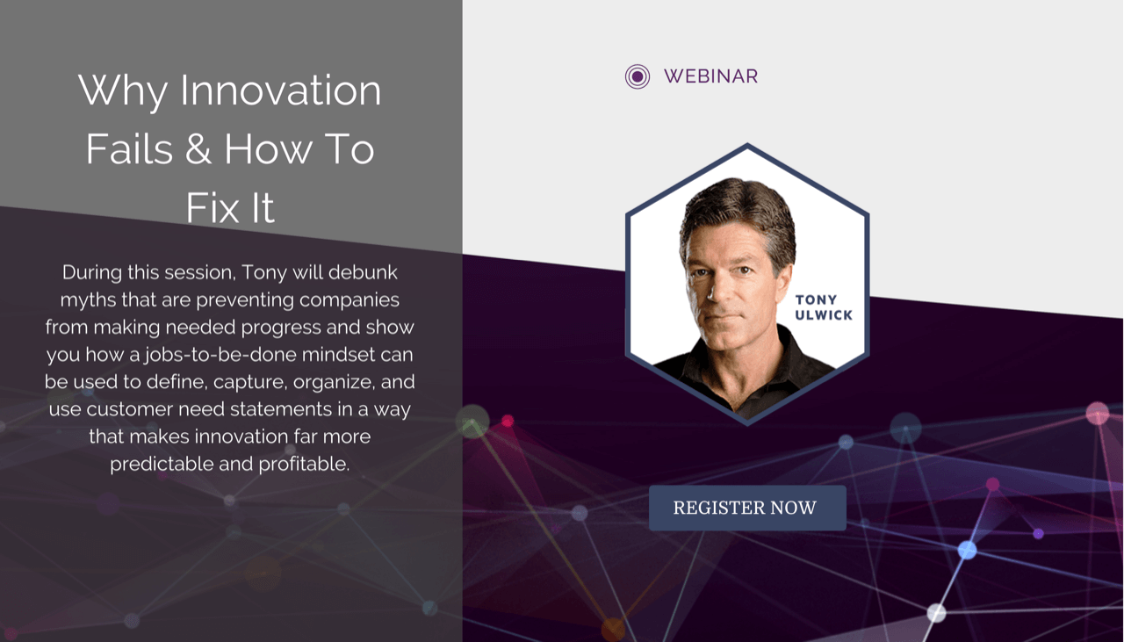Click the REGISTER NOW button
747,508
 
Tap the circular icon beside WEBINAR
638,76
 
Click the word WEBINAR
710,76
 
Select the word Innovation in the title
280,90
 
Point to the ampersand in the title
198,149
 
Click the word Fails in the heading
129,149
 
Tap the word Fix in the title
213,207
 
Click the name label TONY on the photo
816,299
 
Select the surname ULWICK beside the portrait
824,315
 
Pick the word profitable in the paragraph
304,465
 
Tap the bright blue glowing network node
967,550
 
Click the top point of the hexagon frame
747,145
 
